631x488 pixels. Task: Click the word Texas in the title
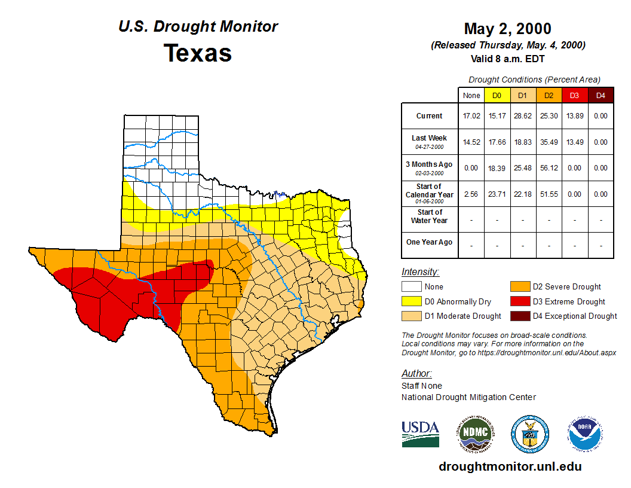198,53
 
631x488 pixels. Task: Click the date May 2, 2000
507,29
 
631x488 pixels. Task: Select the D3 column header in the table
574,95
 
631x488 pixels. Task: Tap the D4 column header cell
601,95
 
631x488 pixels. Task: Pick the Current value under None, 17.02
471,116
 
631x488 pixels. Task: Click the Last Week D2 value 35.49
549,142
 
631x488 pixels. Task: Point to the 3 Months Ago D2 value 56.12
549,168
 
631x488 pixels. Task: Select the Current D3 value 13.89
574,116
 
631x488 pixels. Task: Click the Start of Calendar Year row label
430,194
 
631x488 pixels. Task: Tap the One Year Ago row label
430,242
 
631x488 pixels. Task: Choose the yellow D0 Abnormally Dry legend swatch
412,301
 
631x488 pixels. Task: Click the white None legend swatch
412,287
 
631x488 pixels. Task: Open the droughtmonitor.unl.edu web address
510,466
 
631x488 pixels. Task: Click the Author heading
416,374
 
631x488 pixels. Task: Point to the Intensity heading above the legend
420,272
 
